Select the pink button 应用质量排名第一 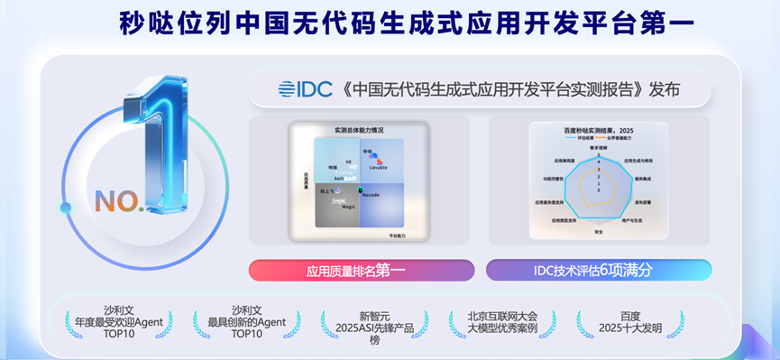361,270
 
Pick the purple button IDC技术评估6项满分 598,270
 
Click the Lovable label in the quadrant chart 377,168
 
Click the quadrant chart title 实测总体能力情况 358,130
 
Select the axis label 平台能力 398,235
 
